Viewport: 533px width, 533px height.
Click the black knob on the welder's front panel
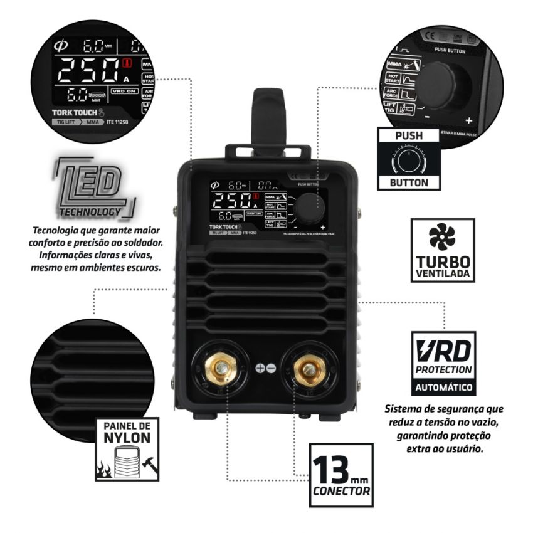(x=310, y=205)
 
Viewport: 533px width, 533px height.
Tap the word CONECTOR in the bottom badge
(x=342, y=491)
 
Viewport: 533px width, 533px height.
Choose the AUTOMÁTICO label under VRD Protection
(x=442, y=386)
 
